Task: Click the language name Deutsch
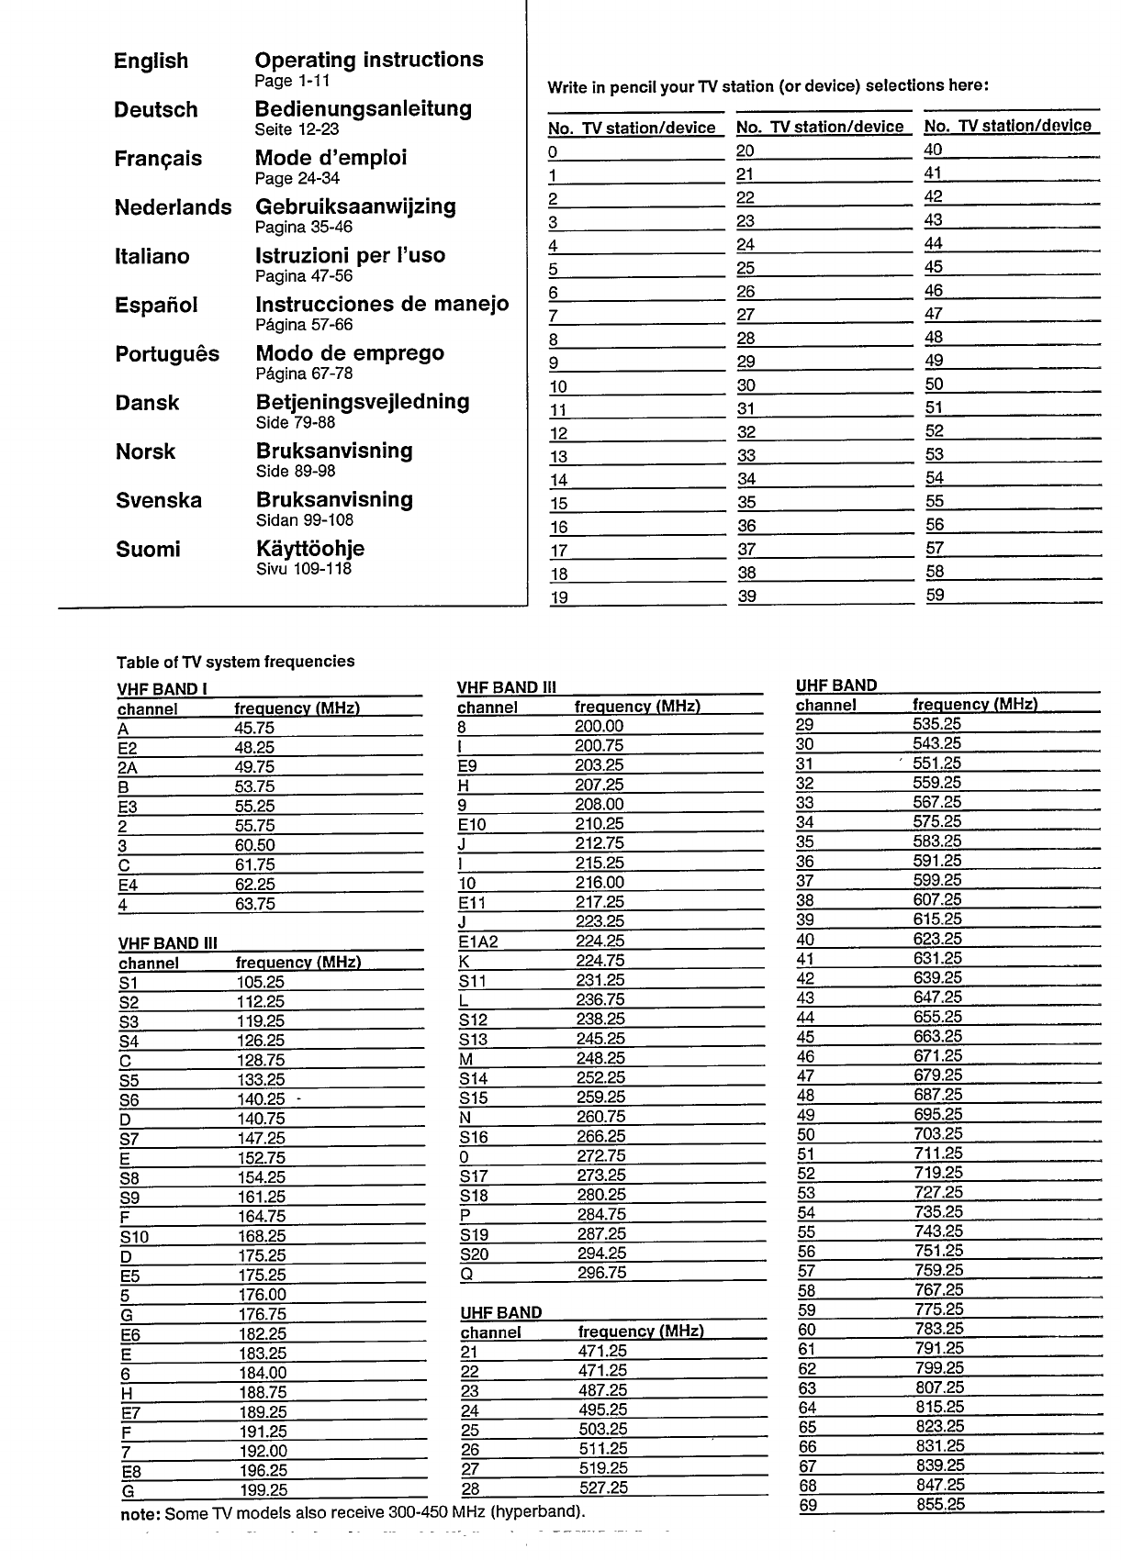tap(156, 110)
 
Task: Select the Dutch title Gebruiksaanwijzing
tap(355, 207)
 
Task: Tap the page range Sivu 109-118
tap(304, 569)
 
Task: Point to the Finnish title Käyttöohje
tap(310, 549)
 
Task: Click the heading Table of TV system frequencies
tap(235, 662)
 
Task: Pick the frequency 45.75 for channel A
tap(254, 729)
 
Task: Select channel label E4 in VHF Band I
tap(128, 886)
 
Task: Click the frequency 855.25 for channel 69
tap(940, 1504)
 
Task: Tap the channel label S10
tap(134, 1237)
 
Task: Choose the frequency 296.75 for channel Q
tap(601, 1273)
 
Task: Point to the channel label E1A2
tap(477, 942)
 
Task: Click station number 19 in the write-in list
tap(558, 598)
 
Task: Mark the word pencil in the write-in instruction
tap(622, 87)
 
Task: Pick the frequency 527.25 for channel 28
tap(603, 1488)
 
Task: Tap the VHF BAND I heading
tap(157, 689)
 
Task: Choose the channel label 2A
tap(128, 768)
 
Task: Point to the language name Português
tap(167, 354)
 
